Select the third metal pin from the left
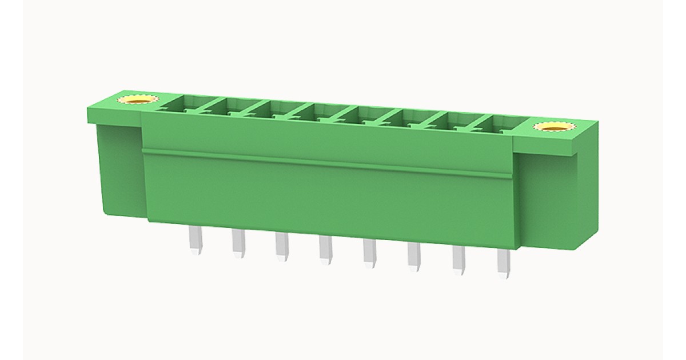coord(281,247)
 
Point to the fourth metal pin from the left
coord(325,250)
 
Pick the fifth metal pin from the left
coord(369,254)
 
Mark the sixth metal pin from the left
coord(414,257)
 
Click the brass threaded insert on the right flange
coord(552,126)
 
